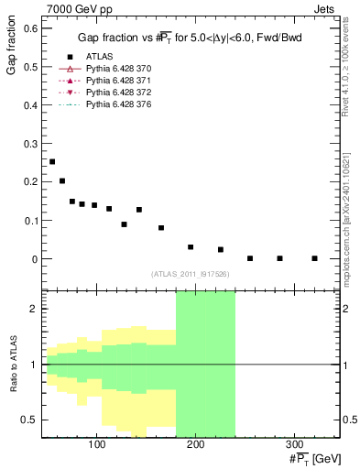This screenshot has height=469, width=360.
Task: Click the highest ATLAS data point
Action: [x=52, y=161]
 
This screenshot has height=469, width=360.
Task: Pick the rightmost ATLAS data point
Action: [x=314, y=258]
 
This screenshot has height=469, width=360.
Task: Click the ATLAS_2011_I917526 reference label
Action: [x=191, y=273]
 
